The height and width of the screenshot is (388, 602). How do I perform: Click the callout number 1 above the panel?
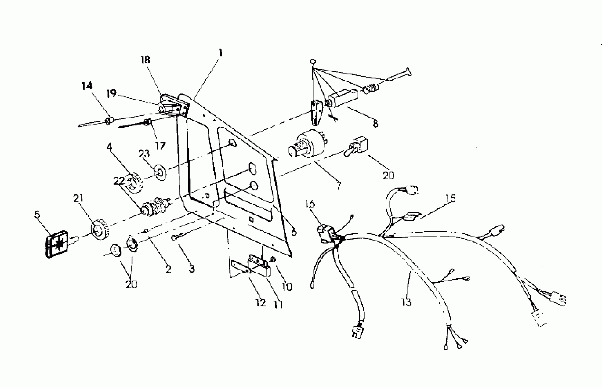[x=221, y=53]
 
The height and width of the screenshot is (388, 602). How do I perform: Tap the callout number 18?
[x=145, y=60]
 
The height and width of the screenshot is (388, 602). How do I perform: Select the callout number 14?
[x=87, y=86]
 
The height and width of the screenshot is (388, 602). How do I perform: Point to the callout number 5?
[x=37, y=214]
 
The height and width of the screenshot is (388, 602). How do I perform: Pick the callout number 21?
[x=78, y=199]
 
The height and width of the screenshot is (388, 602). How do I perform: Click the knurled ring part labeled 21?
[x=99, y=230]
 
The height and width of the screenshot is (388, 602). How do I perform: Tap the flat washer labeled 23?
[x=160, y=173]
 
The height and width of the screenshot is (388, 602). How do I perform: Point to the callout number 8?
[x=375, y=124]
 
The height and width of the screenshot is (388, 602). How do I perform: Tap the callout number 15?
[x=451, y=199]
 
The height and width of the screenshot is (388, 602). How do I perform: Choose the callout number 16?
[x=310, y=204]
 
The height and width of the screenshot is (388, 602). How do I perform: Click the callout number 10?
[x=287, y=287]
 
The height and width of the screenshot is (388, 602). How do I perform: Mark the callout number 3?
[x=192, y=269]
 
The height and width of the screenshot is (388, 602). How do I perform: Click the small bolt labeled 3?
[x=178, y=237]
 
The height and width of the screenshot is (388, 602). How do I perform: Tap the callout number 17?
[x=160, y=146]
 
